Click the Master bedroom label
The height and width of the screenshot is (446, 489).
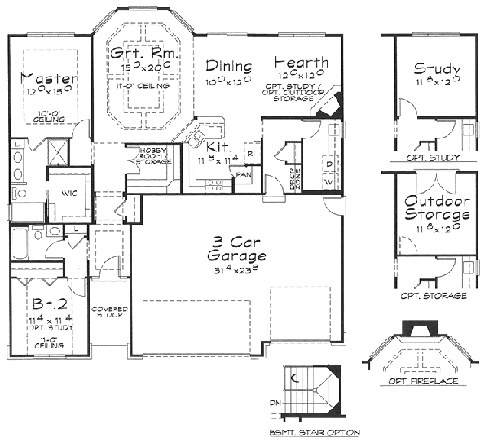(x=50, y=79)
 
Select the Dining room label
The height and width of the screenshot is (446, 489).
(x=227, y=65)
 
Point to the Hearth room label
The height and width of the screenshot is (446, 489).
(x=301, y=63)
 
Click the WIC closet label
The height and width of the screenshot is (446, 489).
(x=63, y=194)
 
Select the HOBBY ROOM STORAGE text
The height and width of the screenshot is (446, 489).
(x=155, y=157)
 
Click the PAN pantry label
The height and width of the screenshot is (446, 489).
(x=243, y=173)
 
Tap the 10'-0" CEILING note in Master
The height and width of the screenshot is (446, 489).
(x=50, y=116)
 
